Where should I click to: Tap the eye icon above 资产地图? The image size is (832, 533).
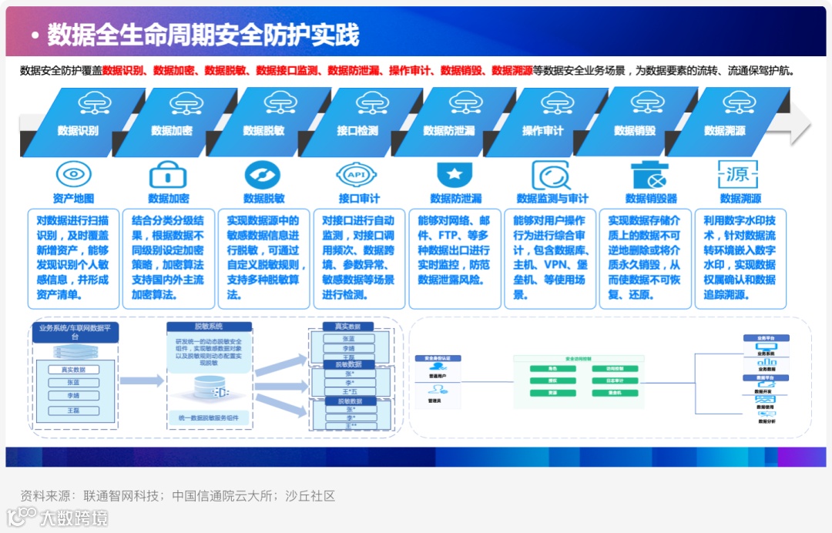(73, 174)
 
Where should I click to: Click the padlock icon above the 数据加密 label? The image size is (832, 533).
(169, 175)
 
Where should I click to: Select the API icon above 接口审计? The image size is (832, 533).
(357, 175)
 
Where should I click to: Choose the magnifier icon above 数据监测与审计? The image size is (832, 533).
(550, 175)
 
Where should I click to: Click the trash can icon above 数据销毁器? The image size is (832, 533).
(647, 175)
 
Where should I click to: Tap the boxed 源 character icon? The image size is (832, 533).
(737, 175)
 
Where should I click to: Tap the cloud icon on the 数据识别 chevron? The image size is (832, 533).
(95, 102)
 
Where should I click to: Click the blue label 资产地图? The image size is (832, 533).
(73, 199)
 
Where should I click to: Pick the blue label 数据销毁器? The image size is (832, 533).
(651, 199)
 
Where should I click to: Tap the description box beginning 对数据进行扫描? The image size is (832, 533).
(73, 258)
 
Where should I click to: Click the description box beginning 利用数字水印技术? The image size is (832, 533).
(740, 258)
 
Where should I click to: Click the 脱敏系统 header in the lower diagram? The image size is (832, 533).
(210, 327)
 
